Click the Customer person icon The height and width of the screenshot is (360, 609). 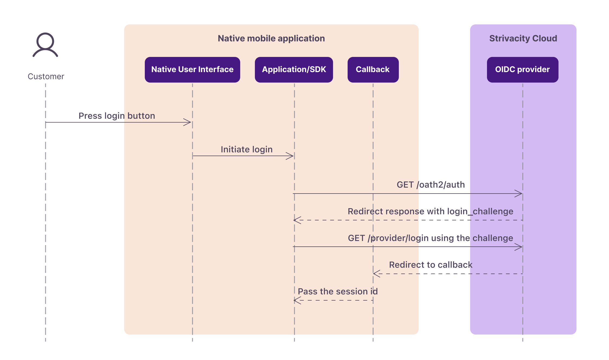pos(45,45)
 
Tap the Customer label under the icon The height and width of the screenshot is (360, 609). pos(46,76)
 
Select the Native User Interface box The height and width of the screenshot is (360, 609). pos(192,70)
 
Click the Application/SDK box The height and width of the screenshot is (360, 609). pos(294,70)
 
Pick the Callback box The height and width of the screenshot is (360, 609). pos(373,70)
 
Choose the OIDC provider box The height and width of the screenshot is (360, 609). pos(523,70)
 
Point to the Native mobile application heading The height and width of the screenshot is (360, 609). pos(271,38)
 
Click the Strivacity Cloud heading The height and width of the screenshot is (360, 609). pos(523,38)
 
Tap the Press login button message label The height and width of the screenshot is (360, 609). pos(117,116)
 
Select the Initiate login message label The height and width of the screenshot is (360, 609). pos(246,149)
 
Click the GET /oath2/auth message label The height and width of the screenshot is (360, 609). pos(431,185)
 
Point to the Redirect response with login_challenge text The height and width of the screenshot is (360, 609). pos(430,211)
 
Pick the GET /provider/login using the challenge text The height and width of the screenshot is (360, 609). pos(430,238)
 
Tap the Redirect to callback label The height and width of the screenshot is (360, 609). pos(431,265)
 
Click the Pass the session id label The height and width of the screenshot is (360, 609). pos(338,291)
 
